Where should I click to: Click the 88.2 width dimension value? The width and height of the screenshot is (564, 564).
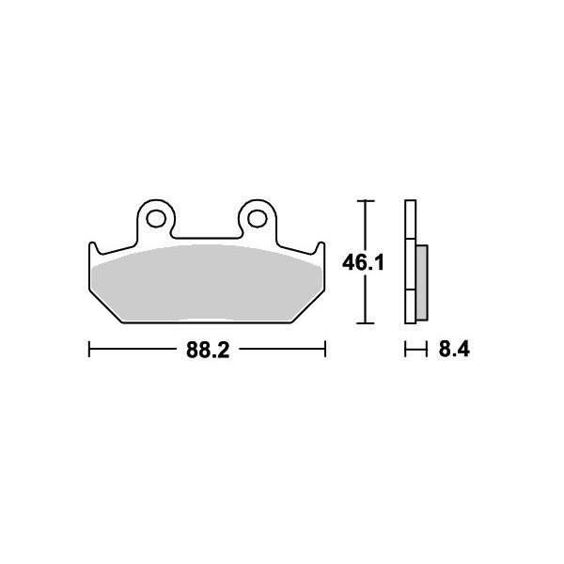point(208,350)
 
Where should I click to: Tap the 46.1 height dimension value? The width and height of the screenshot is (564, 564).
point(363,262)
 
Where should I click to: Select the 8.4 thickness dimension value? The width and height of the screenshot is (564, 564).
point(454,350)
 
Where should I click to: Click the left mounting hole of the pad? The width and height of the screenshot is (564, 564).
point(156,219)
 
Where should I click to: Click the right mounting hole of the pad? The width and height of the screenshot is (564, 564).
point(258,219)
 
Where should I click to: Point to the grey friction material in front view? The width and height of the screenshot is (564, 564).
point(207,283)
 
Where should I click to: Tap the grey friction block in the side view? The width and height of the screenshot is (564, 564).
point(422,283)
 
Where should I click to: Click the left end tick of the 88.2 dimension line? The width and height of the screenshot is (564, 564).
point(89,350)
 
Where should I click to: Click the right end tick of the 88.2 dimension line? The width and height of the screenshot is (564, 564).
point(325,350)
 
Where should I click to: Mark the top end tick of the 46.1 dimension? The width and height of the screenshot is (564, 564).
point(366,201)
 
